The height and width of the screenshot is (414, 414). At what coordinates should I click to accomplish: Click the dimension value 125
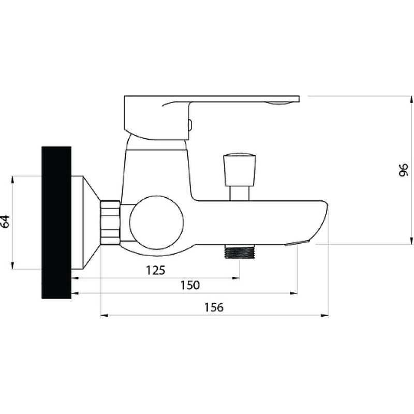point(156,270)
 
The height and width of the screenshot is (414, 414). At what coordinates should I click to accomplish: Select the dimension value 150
point(190,285)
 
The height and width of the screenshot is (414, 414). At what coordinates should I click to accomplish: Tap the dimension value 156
point(214,307)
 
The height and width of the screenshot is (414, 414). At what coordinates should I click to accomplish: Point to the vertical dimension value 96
point(404,170)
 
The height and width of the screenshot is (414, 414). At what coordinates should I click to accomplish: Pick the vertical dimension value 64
point(5,221)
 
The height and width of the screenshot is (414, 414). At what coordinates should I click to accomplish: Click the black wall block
point(56,223)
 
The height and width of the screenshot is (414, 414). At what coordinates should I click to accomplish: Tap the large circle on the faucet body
point(157,223)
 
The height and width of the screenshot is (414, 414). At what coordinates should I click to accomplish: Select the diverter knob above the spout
point(240,170)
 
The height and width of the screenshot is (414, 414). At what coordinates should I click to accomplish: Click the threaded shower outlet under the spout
point(240,252)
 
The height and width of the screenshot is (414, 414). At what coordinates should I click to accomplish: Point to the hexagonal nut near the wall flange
point(110,223)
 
